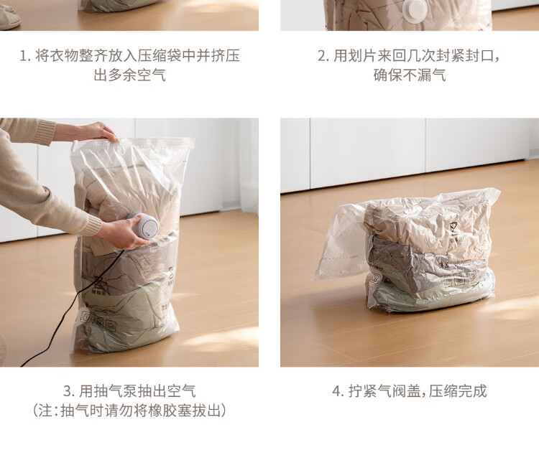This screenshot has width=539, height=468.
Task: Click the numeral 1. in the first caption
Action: (x=25, y=55)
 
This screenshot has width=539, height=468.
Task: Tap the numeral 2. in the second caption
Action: (x=323, y=55)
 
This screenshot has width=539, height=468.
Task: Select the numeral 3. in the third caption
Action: (x=69, y=391)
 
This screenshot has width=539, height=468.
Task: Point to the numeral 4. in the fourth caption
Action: (x=338, y=391)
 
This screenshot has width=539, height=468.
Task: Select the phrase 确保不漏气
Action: (x=410, y=75)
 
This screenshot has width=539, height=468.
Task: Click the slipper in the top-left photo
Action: (x=9, y=17)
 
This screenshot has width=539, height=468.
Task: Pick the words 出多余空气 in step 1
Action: (x=130, y=75)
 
